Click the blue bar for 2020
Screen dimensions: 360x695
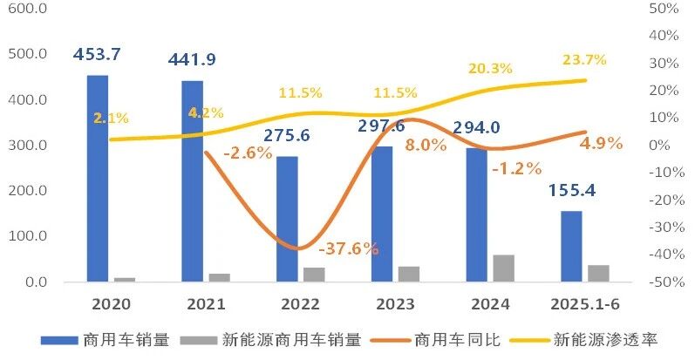tap(98, 179)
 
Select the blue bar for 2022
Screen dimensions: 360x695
tap(287, 219)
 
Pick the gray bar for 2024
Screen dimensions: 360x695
tap(503, 268)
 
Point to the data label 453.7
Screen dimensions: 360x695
tap(97, 54)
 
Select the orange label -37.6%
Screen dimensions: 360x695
tap(349, 248)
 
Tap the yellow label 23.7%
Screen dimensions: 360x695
tap(582, 60)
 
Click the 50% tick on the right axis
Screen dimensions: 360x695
tap(664, 8)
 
